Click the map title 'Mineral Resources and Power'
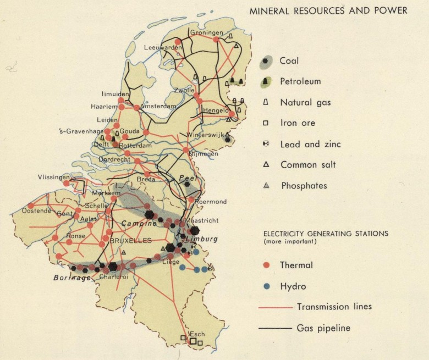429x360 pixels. [328, 10]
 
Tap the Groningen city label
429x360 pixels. [205, 33]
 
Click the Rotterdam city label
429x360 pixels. [134, 146]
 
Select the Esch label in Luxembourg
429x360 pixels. [196, 334]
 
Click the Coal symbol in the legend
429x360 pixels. [266, 61]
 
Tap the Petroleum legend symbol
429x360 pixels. [266, 81]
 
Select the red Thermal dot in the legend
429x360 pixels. [266, 265]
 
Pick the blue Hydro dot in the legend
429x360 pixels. [266, 286]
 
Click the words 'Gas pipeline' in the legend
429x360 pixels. [323, 329]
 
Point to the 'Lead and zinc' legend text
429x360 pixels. [310, 144]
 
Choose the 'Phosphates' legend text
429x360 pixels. [304, 186]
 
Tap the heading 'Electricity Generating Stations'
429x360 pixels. [326, 233]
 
